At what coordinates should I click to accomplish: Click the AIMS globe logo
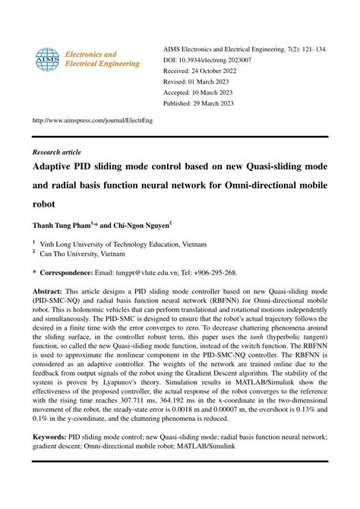point(47,59)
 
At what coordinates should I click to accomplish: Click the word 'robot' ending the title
point(43,204)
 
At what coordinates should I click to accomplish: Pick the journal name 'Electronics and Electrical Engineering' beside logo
point(101,59)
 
